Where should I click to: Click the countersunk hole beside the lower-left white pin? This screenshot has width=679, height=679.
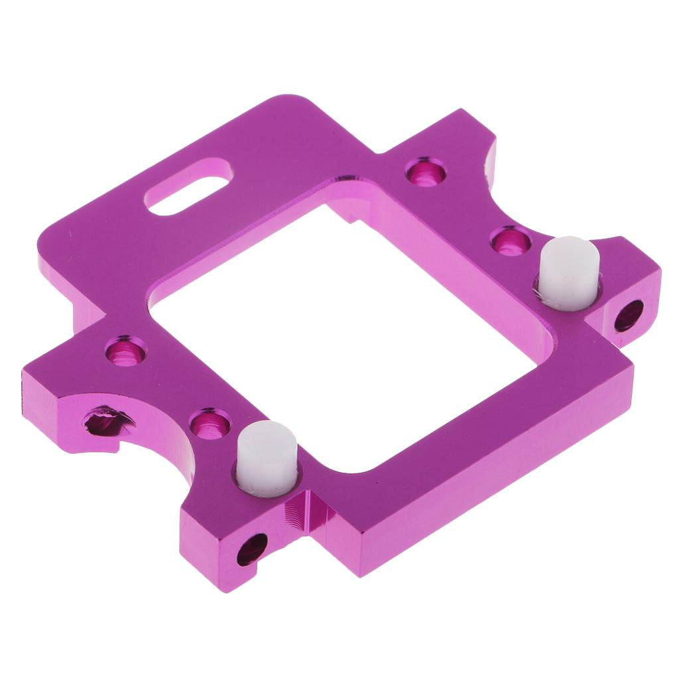coord(210,422)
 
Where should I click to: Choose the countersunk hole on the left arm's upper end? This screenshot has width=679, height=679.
coord(127,349)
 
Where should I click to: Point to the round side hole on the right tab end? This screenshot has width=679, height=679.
coord(629,316)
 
